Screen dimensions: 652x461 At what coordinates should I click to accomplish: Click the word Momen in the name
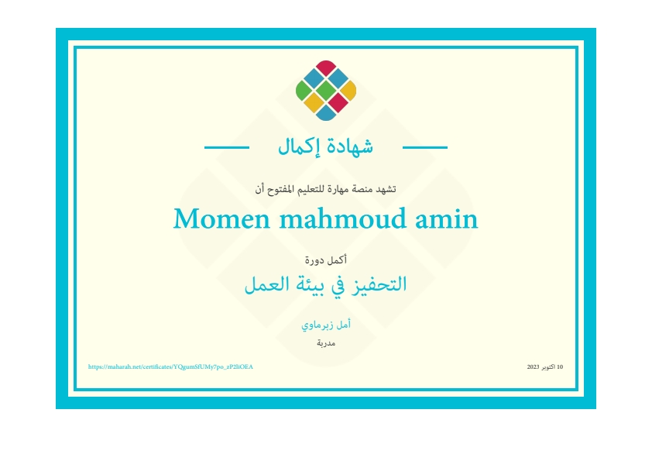pos(221,218)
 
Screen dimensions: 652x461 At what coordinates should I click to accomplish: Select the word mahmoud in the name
pos(342,218)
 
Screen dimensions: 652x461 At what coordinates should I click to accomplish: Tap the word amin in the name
pos(447,218)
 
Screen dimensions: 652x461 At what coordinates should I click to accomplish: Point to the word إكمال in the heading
pos(299,147)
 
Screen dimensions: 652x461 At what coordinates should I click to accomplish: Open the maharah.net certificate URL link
pos(170,366)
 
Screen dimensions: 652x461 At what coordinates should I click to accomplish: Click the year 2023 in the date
pos(533,366)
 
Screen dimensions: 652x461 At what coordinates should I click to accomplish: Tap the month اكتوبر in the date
pos(548,366)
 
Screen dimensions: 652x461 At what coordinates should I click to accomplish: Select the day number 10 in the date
pos(560,366)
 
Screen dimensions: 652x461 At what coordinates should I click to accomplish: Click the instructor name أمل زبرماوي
pos(326,325)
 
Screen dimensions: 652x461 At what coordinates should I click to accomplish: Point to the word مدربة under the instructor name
pos(326,342)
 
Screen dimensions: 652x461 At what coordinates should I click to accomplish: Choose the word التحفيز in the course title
pos(379,284)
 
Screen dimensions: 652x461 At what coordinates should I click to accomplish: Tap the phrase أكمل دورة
pos(326,260)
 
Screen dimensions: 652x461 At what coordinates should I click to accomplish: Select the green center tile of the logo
pos(326,91)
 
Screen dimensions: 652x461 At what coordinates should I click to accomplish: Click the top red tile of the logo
pos(326,68)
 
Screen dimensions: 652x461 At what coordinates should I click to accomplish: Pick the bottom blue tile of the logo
pos(326,113)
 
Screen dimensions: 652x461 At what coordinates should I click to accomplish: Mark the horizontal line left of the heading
pos(227,147)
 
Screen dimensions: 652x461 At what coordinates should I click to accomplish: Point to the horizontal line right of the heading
pos(425,147)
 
